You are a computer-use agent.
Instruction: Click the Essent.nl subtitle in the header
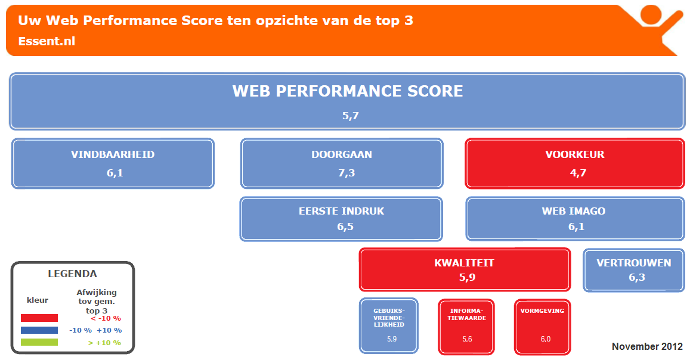tap(47, 41)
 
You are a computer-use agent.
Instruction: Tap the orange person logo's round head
tap(651, 14)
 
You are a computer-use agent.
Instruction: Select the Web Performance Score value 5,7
tap(351, 116)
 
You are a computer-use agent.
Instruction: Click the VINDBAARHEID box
tap(113, 163)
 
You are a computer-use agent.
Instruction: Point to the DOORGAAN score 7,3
tap(346, 173)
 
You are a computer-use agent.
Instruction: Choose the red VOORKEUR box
tap(575, 163)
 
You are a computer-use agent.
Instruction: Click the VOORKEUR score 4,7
tap(578, 173)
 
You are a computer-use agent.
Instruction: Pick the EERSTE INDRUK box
tap(341, 219)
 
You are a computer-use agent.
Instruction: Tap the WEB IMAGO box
tap(575, 219)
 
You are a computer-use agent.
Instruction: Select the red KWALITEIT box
tap(465, 269)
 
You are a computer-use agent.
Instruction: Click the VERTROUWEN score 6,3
tap(637, 277)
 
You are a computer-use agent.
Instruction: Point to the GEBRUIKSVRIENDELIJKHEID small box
tap(389, 325)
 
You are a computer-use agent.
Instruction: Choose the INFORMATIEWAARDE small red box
tap(466, 327)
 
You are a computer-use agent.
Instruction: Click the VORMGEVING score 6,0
tap(546, 339)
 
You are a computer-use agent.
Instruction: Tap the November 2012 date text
tap(647, 346)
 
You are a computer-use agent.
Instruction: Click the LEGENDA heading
tap(72, 274)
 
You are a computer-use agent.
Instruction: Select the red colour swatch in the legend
tap(39, 318)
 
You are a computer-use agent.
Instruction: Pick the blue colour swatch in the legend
tap(39, 330)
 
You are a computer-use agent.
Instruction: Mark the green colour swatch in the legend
tap(39, 342)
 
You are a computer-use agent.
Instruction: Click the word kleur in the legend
tap(38, 300)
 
